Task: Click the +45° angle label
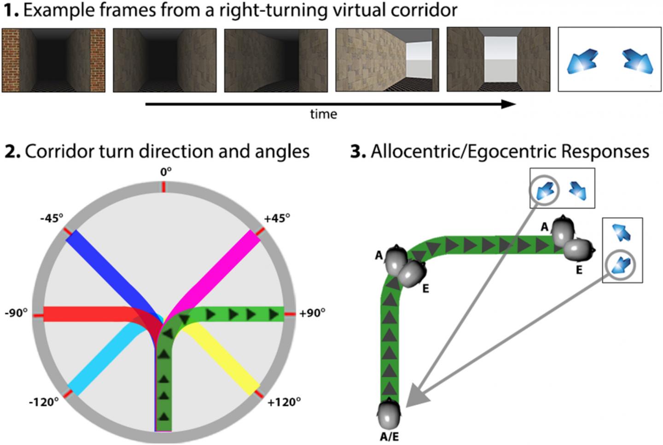coord(277,218)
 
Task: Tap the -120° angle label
coord(44,402)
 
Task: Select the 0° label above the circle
coord(166,171)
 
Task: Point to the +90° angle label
coord(312,313)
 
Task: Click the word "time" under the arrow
coord(323,114)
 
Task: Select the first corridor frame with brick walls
coord(53,60)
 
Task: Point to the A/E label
coord(390,436)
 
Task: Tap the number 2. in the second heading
coord(12,152)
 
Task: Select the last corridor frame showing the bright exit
coord(498,59)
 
